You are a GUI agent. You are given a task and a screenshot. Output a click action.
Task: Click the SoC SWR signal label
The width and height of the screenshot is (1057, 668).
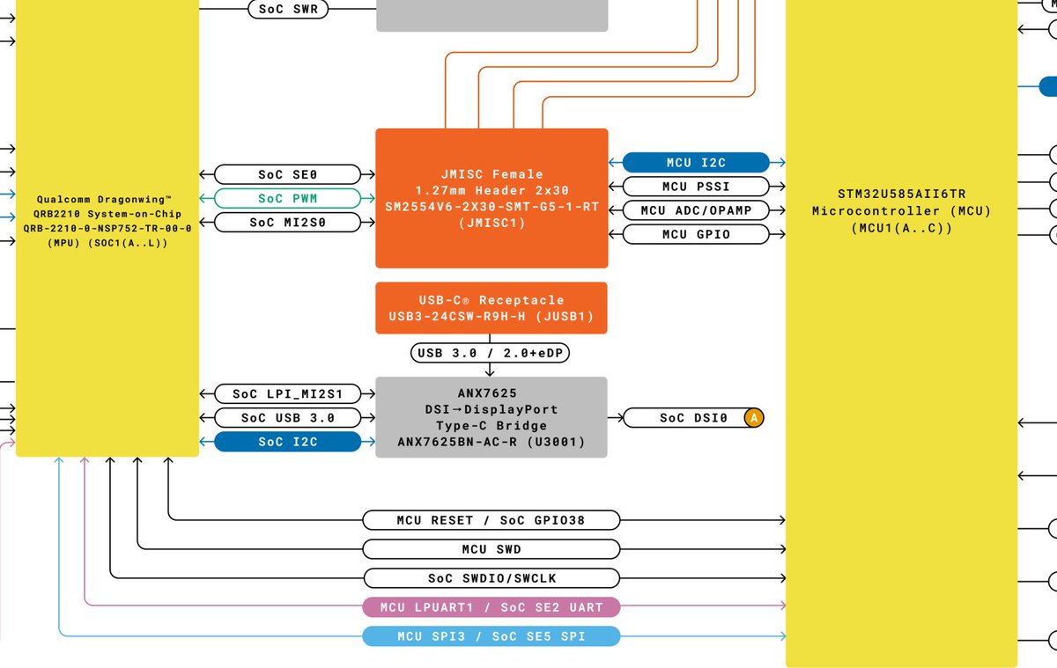(288, 10)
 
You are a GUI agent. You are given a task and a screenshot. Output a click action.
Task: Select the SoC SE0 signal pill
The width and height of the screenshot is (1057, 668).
(288, 174)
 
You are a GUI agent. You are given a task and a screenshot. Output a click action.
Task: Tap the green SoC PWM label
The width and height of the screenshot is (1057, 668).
(288, 198)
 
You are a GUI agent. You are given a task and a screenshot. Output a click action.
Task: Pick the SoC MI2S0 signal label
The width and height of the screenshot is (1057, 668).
(288, 222)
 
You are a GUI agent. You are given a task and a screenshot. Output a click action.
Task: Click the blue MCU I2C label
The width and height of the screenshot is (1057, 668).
(696, 162)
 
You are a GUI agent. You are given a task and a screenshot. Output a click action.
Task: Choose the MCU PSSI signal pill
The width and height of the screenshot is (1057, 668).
(696, 186)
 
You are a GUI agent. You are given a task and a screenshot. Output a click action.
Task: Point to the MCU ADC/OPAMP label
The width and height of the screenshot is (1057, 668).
(696, 210)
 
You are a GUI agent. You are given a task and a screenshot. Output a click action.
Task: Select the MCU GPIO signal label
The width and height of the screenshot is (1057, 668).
(696, 234)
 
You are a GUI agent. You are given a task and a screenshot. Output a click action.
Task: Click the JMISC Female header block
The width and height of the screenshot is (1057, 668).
(492, 198)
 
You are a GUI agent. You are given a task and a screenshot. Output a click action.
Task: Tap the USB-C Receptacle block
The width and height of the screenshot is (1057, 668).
(492, 307)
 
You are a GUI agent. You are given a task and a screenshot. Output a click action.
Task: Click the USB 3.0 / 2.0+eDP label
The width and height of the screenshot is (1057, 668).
(492, 353)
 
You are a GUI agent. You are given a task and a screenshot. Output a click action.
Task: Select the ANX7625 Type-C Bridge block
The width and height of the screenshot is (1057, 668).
(492, 417)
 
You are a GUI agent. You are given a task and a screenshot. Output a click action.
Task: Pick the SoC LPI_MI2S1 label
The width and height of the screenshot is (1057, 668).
(288, 393)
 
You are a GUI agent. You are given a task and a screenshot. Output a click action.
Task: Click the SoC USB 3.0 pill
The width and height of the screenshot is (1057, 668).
(288, 417)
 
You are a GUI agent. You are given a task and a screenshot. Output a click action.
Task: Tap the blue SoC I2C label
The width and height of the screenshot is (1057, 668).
(288, 441)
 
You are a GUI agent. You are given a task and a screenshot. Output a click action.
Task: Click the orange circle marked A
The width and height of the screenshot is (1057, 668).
(753, 418)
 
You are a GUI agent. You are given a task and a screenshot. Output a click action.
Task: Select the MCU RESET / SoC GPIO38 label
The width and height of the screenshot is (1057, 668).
(492, 520)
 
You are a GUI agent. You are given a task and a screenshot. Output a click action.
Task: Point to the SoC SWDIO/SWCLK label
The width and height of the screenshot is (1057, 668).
(492, 578)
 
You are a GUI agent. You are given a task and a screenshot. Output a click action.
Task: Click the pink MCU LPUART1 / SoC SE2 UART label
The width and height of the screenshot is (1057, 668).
(492, 607)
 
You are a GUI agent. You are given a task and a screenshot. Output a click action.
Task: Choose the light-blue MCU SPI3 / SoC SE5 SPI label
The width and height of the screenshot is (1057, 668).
(492, 636)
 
